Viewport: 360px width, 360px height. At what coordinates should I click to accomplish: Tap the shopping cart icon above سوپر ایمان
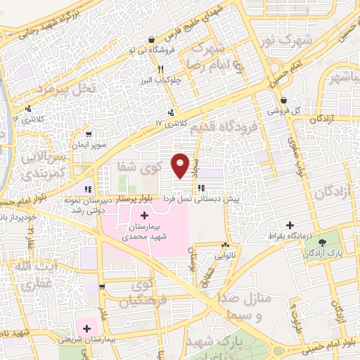click(x=88, y=132)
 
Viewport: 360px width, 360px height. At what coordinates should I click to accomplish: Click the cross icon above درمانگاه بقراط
click(x=290, y=224)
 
